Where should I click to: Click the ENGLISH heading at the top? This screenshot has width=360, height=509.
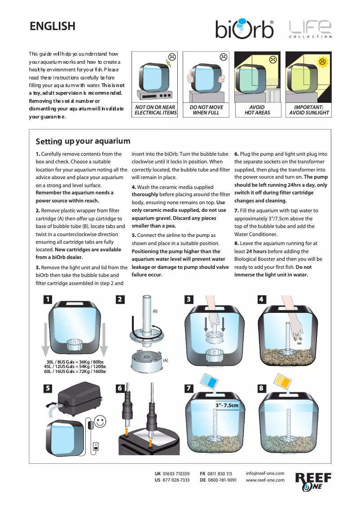(53, 26)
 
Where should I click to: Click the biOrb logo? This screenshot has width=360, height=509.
(245, 29)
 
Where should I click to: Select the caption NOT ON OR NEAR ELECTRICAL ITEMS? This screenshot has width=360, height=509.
(155, 110)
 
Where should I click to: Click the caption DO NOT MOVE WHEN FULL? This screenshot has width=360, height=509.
(206, 110)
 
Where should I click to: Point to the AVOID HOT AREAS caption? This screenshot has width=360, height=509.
(257, 110)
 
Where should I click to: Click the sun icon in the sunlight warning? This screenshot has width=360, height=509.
(322, 61)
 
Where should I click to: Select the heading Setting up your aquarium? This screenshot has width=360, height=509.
(83, 141)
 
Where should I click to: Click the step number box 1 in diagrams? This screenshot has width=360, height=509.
(48, 299)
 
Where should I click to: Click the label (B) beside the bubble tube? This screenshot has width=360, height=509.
(155, 311)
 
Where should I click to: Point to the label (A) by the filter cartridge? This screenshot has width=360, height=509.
(166, 360)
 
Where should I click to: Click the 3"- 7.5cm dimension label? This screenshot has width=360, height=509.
(227, 405)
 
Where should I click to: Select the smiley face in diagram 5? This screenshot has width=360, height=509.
(100, 422)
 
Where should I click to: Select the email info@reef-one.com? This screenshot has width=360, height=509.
(265, 474)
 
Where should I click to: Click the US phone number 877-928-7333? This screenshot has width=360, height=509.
(176, 480)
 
